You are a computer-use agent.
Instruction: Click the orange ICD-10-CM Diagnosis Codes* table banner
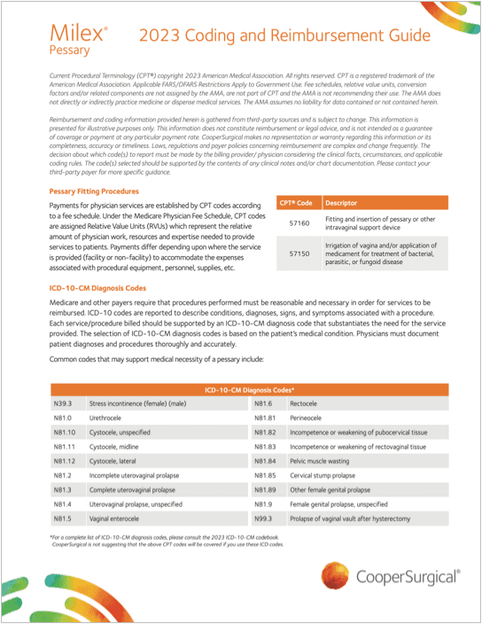pyautogui.click(x=251, y=390)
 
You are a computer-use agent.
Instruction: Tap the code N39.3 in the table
pyautogui.click(x=62, y=403)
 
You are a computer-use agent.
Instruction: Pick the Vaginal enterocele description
pyautogui.click(x=113, y=518)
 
